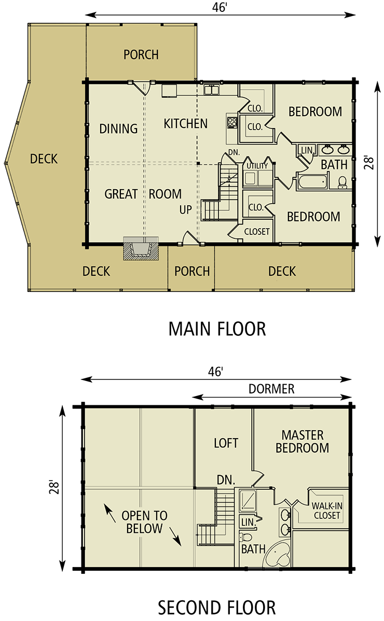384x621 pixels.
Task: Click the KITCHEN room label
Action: pos(185,123)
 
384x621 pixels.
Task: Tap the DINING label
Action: pos(118,129)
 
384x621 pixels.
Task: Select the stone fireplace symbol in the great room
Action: pos(140,249)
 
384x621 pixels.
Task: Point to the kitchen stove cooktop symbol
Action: pos(231,123)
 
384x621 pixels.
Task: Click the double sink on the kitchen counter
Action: pos(211,90)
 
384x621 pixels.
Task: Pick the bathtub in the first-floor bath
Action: pos(311,181)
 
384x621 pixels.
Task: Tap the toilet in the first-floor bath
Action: pos(342,181)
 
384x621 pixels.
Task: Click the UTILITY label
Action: pos(257,166)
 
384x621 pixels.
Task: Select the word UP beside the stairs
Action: pos(186,210)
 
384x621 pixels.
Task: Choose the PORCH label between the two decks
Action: pos(192,271)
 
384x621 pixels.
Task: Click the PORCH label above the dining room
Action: pos(141,55)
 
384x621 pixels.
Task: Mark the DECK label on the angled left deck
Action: pos(44,159)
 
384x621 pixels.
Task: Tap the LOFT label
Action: pos(226,443)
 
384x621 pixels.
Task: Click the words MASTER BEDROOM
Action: pos(302,441)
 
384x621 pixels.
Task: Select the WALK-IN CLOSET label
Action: pos(326,511)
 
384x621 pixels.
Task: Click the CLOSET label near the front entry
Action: pos(256,232)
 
